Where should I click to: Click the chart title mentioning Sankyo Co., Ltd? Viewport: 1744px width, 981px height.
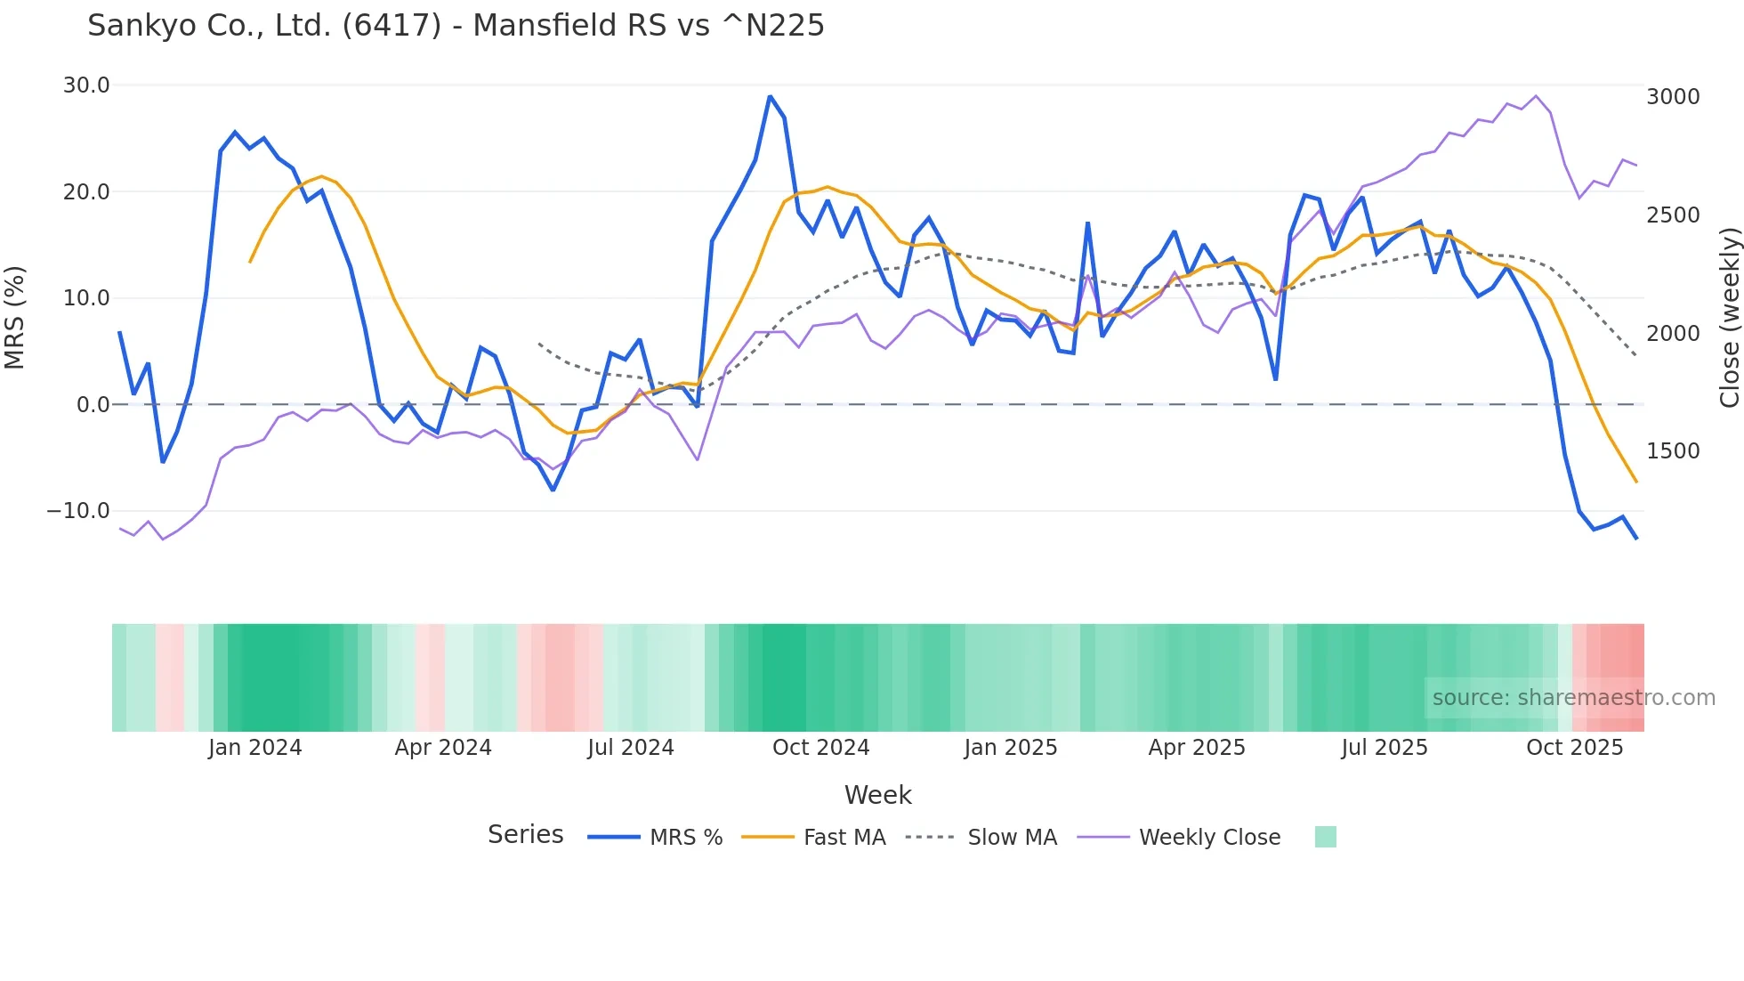click(x=456, y=26)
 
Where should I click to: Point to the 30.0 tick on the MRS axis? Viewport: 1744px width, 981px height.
click(x=86, y=85)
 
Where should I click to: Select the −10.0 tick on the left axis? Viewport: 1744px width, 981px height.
click(x=78, y=511)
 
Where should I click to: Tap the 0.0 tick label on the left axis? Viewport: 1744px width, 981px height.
click(x=93, y=405)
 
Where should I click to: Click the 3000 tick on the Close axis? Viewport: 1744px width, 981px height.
click(x=1673, y=97)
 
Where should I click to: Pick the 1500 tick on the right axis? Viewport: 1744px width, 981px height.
click(x=1673, y=451)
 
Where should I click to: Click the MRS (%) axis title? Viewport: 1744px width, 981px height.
click(x=15, y=318)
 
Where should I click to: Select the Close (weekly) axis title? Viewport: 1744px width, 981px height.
click(x=1729, y=318)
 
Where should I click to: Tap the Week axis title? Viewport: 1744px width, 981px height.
click(x=877, y=795)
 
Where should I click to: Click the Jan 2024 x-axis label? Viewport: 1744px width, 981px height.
click(x=255, y=748)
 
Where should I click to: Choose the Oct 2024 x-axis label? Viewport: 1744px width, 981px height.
click(x=820, y=748)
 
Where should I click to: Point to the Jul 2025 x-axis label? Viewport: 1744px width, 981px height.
click(x=1385, y=748)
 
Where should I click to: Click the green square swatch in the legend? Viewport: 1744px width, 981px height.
click(x=1325, y=837)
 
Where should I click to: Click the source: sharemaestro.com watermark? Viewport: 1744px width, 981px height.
click(x=1573, y=698)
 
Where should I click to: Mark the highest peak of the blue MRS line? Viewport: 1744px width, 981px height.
click(x=770, y=97)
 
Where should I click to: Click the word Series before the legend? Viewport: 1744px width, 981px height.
click(x=525, y=835)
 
